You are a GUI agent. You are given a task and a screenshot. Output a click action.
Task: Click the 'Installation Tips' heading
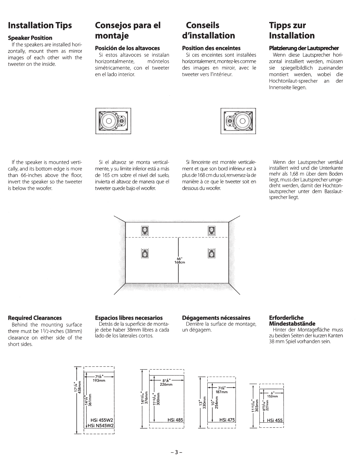[x=40, y=26]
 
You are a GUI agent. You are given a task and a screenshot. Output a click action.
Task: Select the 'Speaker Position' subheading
[x=30, y=38]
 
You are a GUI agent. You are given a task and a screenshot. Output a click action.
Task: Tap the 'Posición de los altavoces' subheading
[x=127, y=48]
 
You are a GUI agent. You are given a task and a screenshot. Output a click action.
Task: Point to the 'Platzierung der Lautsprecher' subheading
[x=304, y=48]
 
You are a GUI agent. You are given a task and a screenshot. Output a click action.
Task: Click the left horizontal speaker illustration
[x=113, y=121]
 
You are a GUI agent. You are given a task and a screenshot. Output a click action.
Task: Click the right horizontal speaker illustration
[x=238, y=121]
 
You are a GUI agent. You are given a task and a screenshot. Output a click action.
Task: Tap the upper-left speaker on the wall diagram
[x=145, y=231]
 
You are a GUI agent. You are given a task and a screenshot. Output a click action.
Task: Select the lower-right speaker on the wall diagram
[x=211, y=253]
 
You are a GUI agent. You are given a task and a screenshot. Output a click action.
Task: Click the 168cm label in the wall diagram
[x=179, y=262]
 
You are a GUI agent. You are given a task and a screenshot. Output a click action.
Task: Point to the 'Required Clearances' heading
[x=35, y=318]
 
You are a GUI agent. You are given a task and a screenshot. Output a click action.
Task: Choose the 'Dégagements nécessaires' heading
[x=216, y=318]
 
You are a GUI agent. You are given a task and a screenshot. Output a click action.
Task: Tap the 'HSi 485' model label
[x=175, y=420]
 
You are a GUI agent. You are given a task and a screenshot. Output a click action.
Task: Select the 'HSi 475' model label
[x=227, y=420]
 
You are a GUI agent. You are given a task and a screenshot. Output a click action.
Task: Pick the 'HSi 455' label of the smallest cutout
[x=275, y=420]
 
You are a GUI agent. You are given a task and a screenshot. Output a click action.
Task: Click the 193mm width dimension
[x=99, y=381]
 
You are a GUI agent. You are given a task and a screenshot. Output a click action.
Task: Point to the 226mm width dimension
[x=166, y=385]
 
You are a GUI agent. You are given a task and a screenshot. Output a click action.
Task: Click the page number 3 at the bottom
[x=176, y=452]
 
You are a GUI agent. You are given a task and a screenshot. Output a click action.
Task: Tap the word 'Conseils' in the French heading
[x=203, y=26]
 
